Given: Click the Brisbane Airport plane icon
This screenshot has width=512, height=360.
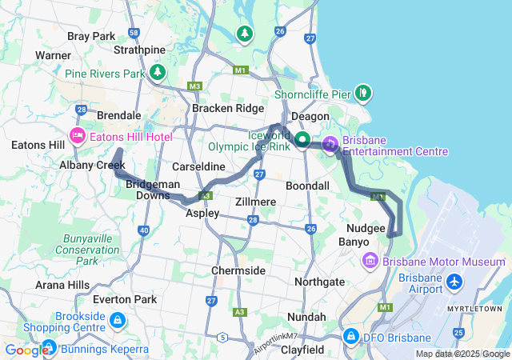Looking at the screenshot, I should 455,282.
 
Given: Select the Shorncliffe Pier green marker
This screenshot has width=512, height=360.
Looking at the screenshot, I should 363,93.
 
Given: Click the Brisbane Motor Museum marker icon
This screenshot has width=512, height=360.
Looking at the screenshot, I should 370,261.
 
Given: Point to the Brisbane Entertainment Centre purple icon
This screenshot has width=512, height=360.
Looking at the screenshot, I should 330,145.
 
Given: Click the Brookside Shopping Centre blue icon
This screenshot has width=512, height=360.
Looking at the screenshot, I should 118,321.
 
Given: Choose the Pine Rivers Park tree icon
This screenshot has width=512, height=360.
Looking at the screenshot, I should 158,73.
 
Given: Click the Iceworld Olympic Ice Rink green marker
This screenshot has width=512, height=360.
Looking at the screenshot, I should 302,141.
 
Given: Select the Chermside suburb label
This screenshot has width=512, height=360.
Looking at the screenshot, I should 238,270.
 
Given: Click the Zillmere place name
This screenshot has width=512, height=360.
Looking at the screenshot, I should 257,202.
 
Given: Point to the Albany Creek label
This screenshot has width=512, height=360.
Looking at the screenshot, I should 92,165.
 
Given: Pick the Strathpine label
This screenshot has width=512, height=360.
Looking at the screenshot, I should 139,50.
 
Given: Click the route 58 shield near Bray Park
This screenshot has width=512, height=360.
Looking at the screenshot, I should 134,33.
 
